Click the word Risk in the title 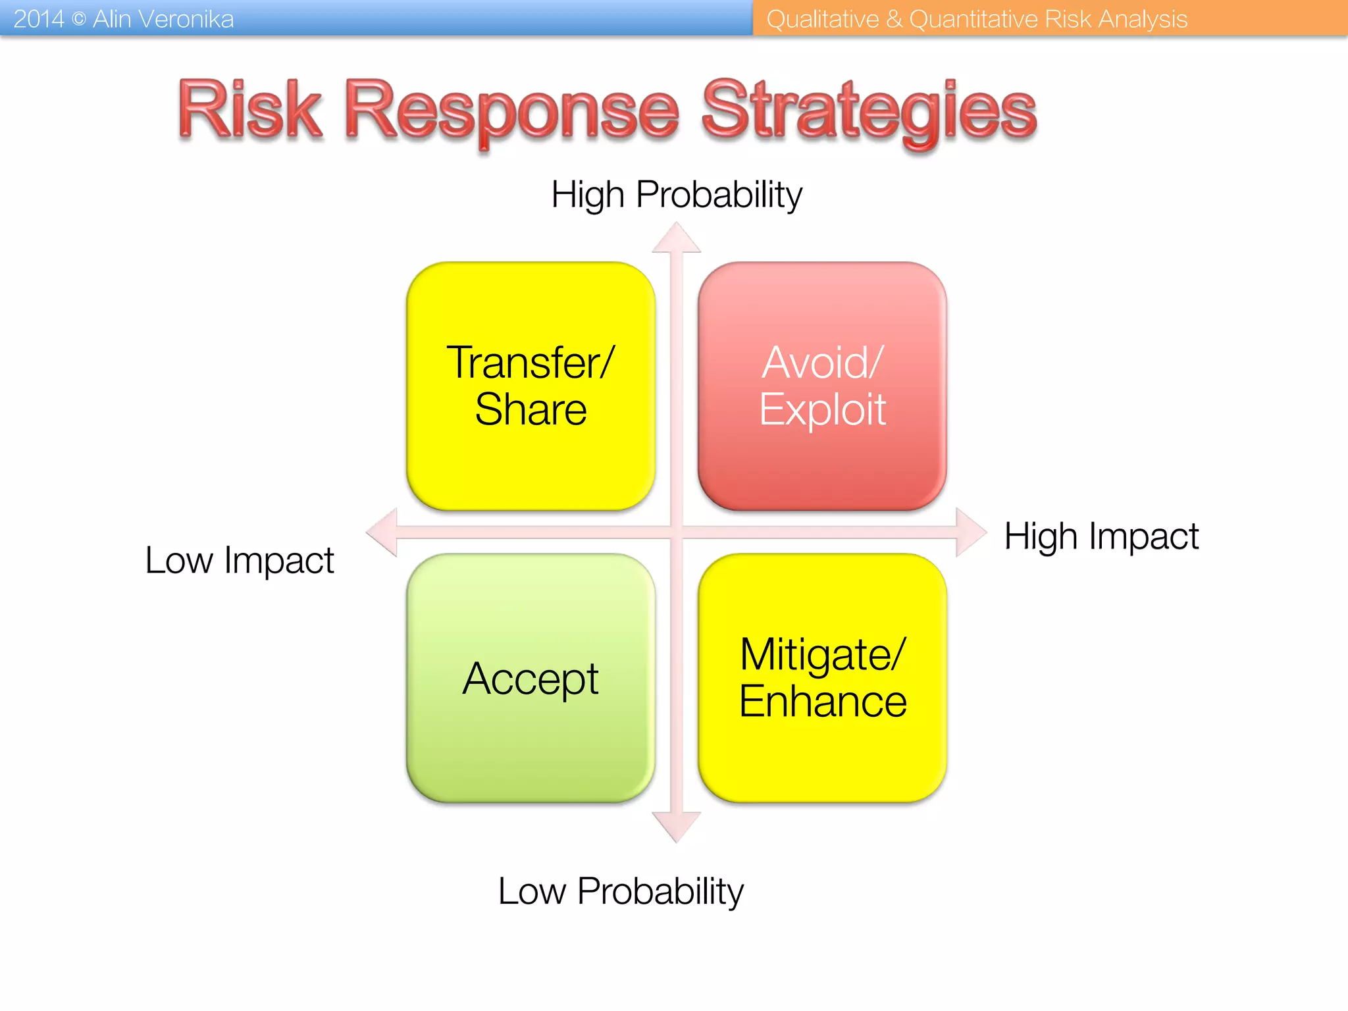click(x=250, y=110)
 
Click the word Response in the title click(x=511, y=110)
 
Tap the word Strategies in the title click(x=869, y=110)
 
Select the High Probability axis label click(x=677, y=195)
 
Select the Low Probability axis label click(x=621, y=891)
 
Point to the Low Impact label click(x=240, y=561)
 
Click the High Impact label click(x=1101, y=536)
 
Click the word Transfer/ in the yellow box click(x=531, y=363)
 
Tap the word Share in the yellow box click(x=531, y=409)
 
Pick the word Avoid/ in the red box click(x=822, y=363)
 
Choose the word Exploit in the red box click(x=822, y=409)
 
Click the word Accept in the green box click(x=531, y=679)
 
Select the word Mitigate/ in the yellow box click(x=822, y=655)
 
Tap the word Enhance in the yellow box click(x=822, y=702)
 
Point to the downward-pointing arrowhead click(x=677, y=827)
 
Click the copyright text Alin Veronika click(x=163, y=19)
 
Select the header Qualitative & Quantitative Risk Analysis click(x=977, y=19)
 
